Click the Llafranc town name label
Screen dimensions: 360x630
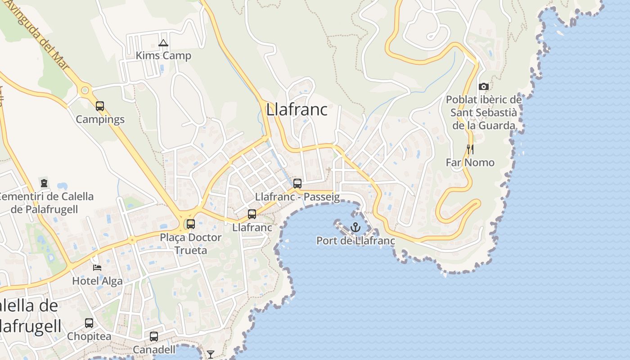click(x=297, y=109)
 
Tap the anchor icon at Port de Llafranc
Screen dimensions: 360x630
click(x=355, y=227)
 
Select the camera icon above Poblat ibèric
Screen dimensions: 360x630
click(x=484, y=86)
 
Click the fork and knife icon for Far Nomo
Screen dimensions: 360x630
click(x=470, y=149)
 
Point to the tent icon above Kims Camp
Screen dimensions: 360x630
click(x=163, y=43)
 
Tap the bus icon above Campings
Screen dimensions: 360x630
click(x=100, y=106)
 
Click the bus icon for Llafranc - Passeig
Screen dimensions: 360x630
click(x=297, y=184)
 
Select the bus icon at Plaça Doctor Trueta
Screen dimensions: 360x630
click(x=191, y=224)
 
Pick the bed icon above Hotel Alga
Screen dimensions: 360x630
click(x=97, y=267)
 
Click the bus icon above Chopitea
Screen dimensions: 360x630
click(x=89, y=323)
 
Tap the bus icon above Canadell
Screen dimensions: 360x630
click(x=154, y=336)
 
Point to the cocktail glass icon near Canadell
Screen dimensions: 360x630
click(x=210, y=355)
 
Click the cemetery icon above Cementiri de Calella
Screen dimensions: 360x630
click(x=44, y=183)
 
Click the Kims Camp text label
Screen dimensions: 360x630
click(x=163, y=56)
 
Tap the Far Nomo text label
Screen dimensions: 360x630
click(x=470, y=162)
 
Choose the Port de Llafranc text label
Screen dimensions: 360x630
click(x=355, y=241)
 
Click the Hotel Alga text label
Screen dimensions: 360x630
click(x=97, y=281)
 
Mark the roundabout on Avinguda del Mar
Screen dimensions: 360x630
click(x=84, y=90)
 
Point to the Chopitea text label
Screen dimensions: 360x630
click(x=89, y=337)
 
